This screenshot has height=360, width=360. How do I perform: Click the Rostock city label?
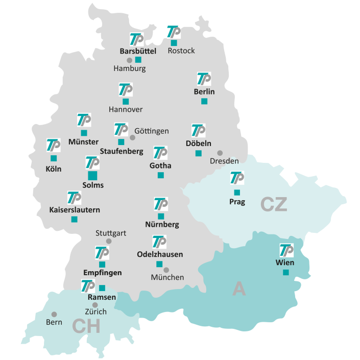(x=181, y=51)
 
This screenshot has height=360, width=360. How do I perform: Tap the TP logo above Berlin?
(x=204, y=79)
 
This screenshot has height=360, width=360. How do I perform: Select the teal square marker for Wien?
(x=286, y=272)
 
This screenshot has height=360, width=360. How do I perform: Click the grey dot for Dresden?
(x=220, y=153)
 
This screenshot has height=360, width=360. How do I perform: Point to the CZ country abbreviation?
(x=274, y=204)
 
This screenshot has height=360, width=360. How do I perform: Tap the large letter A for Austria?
(x=238, y=289)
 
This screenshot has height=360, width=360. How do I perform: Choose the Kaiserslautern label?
(x=75, y=209)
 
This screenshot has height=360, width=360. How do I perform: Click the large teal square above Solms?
(x=92, y=175)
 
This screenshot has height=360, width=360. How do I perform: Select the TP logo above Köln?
(x=54, y=145)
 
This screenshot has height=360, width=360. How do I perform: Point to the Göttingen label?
(x=152, y=131)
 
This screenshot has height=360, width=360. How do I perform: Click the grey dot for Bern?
(x=54, y=314)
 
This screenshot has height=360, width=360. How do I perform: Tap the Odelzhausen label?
(x=160, y=254)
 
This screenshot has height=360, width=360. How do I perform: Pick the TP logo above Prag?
(x=237, y=178)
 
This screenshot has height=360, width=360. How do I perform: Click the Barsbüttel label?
(x=138, y=51)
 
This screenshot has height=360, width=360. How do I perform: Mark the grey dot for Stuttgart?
(x=109, y=241)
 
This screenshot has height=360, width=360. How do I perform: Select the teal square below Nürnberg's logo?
(x=161, y=216)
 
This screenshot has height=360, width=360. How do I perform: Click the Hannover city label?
(x=126, y=109)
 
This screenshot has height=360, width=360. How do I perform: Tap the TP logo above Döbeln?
(x=198, y=131)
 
